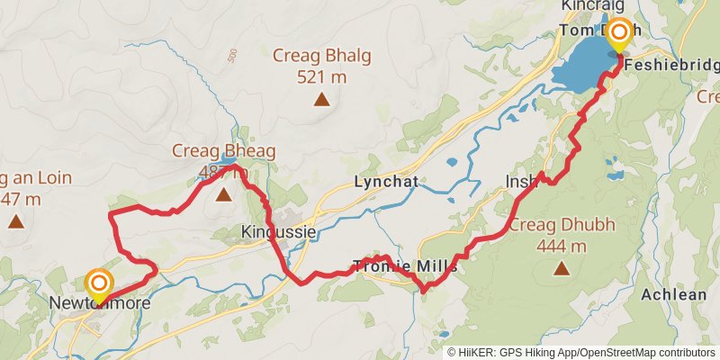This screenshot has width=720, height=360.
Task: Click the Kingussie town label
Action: coord(279,232)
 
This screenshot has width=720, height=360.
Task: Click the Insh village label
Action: coord(521,182)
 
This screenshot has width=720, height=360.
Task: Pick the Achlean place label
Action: coord(674,293)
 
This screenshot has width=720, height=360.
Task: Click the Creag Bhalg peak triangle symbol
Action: coord(321,99)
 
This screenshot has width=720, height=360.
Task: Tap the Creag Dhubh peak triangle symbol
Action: coord(562,267)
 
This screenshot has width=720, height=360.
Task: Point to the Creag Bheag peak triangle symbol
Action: coord(222,193)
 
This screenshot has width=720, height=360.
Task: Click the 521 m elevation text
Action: coord(321,77)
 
